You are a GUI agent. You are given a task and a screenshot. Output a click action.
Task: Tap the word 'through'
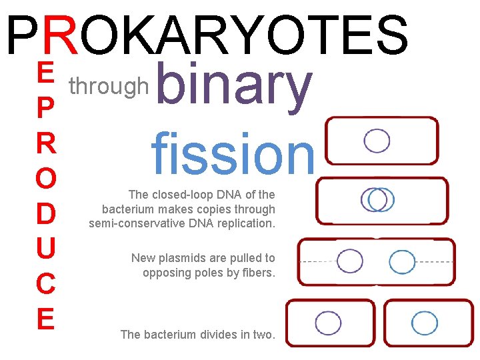tap(109, 86)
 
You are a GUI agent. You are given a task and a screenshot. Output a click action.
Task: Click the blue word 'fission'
tap(232, 153)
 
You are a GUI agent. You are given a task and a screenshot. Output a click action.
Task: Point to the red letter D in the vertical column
tap(45, 214)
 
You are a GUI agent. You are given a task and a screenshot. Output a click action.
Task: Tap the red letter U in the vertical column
tap(45, 249)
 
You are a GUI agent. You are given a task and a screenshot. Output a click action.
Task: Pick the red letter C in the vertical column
tap(45, 285)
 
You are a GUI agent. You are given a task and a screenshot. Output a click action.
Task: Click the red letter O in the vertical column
tap(45, 179)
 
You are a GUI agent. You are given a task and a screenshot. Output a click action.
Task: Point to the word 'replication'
tap(245, 223)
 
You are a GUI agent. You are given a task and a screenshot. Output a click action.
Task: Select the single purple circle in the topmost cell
tap(377, 141)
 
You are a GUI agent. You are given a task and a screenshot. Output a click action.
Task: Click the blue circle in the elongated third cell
tap(402, 262)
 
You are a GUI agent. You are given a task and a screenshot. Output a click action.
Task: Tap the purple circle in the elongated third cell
tap(350, 261)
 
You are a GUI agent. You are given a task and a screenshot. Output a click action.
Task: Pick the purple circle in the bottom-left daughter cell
tap(328, 323)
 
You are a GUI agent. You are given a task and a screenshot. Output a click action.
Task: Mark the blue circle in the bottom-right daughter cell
tap(425, 323)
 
